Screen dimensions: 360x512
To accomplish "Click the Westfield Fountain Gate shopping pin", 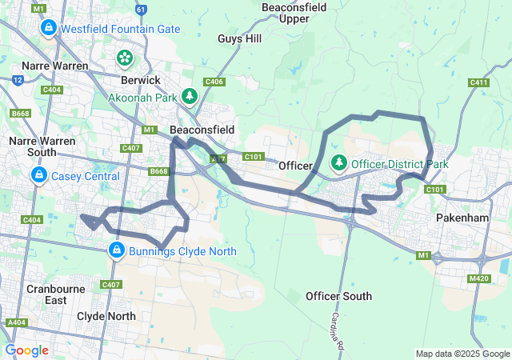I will [48, 29].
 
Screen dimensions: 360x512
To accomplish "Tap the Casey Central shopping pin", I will [38, 175].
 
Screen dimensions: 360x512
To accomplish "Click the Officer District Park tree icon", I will [339, 163].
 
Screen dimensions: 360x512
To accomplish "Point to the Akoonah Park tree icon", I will [189, 96].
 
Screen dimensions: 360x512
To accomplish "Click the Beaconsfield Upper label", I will [290, 12].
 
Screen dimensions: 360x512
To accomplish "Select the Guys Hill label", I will [239, 38].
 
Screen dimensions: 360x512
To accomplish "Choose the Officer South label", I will [338, 296].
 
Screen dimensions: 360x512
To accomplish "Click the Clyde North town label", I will [106, 316].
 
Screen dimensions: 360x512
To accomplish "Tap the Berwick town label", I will [140, 80].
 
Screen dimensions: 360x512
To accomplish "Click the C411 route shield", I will [479, 82].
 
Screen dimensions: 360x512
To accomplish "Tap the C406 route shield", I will [214, 82].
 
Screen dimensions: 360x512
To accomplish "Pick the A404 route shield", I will [15, 322].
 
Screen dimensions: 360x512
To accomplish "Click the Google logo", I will [27, 350].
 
